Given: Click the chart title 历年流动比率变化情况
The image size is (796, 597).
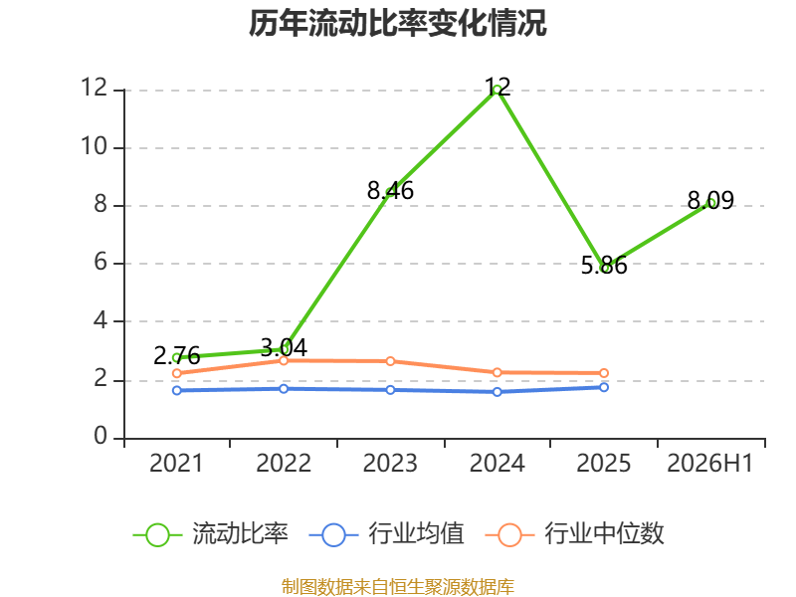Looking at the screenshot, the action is pos(397,23).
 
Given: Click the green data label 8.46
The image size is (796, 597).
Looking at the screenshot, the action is pos(390,191).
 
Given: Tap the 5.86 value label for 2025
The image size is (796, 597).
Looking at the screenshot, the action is pos(604,266).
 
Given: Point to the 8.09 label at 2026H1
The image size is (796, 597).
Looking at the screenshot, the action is pos(710,201).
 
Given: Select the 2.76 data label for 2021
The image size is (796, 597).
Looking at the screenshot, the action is pos(177,356).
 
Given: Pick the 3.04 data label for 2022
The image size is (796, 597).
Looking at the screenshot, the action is pos(284,348).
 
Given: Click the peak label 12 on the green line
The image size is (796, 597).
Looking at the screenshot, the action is pos(497,87).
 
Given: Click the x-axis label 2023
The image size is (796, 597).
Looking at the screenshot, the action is pos(390,464).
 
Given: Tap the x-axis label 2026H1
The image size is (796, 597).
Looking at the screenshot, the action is pos(710,464).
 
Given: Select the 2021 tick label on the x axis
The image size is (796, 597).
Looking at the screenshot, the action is pos(176,464).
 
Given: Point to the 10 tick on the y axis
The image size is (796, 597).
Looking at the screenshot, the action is pos(95,146).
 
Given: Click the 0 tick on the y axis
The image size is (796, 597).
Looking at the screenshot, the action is pos(100,436).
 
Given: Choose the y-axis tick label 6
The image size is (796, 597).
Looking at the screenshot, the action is pos(100,263).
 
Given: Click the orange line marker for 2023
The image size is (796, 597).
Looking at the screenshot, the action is pos(390,361).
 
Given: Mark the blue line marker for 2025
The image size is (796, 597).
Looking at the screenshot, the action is pos(604,387).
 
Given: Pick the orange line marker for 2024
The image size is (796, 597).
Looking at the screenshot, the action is pos(497,372).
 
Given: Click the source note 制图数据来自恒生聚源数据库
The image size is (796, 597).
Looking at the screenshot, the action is pos(398,587).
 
